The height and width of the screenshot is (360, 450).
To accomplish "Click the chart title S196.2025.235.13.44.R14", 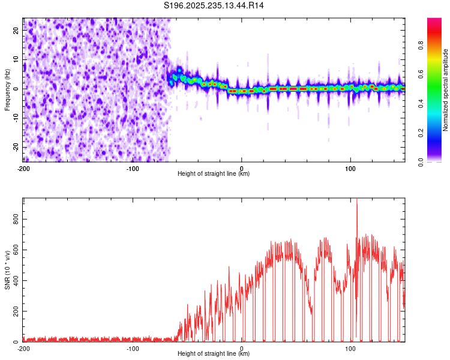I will [214, 5].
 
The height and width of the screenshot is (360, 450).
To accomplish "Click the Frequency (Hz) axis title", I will [7, 89].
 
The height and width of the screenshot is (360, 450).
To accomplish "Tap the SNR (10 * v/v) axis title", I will [7, 270].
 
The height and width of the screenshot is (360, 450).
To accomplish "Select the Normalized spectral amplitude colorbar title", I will [446, 90].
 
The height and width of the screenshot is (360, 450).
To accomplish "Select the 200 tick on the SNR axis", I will [15, 311].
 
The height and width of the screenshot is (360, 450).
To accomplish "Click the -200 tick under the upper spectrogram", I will [23, 168].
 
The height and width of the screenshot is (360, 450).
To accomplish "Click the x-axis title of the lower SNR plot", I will [214, 354].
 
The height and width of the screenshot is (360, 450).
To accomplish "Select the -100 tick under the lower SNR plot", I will [133, 348].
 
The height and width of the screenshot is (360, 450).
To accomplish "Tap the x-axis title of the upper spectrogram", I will [214, 174].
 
